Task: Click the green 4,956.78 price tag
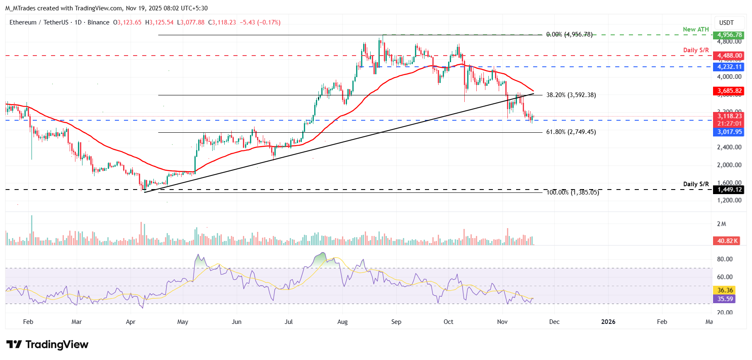pyautogui.click(x=729, y=35)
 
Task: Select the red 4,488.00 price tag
pyautogui.click(x=729, y=56)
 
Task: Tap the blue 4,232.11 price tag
pyautogui.click(x=729, y=67)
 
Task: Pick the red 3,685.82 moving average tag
pyautogui.click(x=729, y=91)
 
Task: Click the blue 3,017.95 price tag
pyautogui.click(x=729, y=132)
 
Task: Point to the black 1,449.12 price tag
pyautogui.click(x=729, y=190)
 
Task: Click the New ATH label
pyautogui.click(x=696, y=29)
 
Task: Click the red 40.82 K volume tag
pyautogui.click(x=728, y=241)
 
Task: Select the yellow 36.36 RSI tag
pyautogui.click(x=725, y=290)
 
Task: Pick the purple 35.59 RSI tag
pyautogui.click(x=725, y=299)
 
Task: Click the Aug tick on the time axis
pyautogui.click(x=342, y=322)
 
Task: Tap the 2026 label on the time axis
pyautogui.click(x=608, y=322)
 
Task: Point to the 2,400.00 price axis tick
pyautogui.click(x=729, y=147)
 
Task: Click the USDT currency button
pyautogui.click(x=726, y=23)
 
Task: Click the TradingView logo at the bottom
pyautogui.click(x=47, y=345)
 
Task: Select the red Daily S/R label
pyautogui.click(x=696, y=50)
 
